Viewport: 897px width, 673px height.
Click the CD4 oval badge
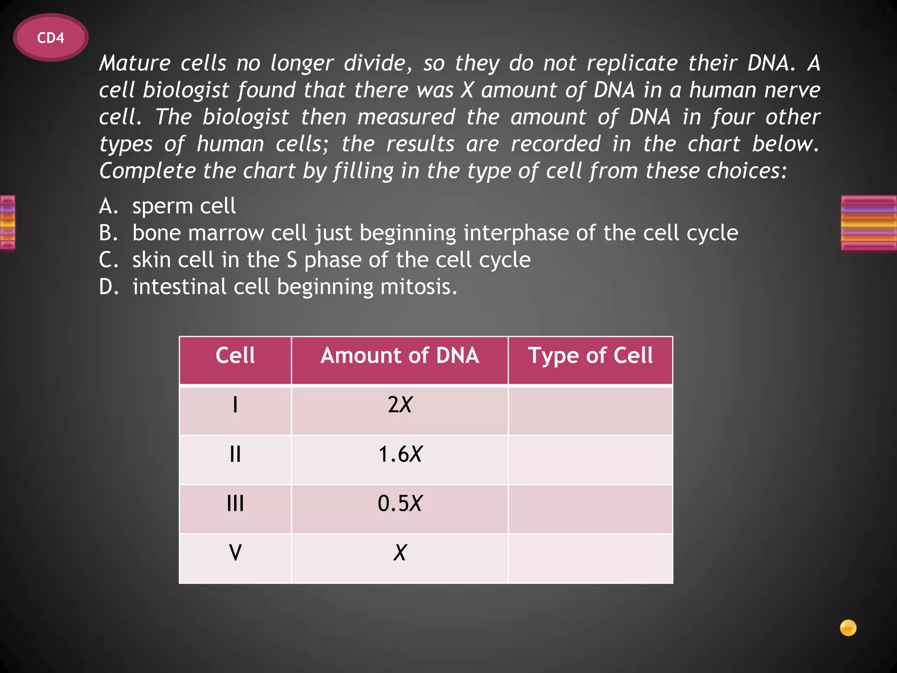pos(51,38)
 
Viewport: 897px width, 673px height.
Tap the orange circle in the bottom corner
pos(848,627)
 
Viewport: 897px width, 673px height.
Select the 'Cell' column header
pos(235,355)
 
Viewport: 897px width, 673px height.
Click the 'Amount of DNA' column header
pos(399,355)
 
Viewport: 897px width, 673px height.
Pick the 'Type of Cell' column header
pos(590,355)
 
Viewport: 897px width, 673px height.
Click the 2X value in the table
pos(399,405)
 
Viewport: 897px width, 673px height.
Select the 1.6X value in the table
pos(399,454)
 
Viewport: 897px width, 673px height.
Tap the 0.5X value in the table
pos(399,503)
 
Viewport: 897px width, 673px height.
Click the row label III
pos(235,503)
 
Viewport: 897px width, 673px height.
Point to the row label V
pos(235,553)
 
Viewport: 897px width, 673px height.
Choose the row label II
pos(235,454)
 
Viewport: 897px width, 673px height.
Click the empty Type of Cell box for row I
pos(590,411)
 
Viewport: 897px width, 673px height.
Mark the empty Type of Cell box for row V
pos(590,558)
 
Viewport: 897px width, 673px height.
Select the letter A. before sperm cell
pos(108,206)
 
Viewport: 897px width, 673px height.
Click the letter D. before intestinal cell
pos(108,287)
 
